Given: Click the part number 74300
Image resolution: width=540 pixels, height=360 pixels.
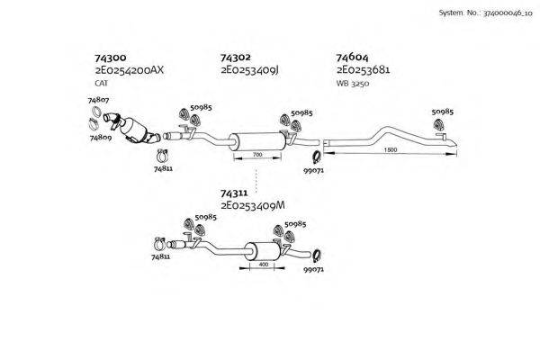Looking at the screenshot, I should point(109,57).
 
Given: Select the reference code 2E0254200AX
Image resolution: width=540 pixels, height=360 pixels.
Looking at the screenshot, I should point(130,69).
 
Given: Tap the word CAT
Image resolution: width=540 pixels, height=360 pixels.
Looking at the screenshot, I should point(101,83).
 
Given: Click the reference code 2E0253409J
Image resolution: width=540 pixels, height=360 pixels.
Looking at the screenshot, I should point(249,69).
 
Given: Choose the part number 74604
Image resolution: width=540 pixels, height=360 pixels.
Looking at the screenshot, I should point(352,57).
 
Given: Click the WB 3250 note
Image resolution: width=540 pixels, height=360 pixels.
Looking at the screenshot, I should point(353,83).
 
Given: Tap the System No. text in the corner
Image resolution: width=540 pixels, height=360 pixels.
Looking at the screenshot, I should point(486,13).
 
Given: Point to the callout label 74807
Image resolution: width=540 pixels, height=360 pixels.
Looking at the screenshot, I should point(99,99).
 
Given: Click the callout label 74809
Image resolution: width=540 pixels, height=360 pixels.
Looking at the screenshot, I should point(101,139).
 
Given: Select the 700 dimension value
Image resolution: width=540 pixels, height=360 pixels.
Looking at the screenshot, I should point(256,155).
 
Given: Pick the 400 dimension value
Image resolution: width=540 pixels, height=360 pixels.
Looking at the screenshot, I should point(264,265).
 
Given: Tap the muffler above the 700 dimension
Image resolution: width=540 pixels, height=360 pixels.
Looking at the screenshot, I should point(256,140).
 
